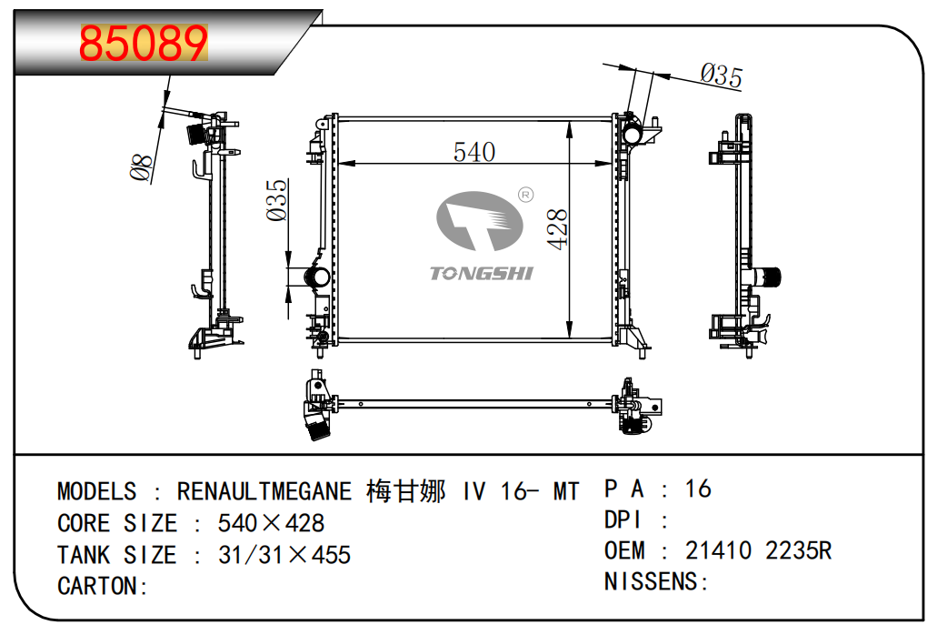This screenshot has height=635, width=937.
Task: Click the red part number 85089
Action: (144, 42)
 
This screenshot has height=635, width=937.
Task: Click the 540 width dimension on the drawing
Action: (474, 151)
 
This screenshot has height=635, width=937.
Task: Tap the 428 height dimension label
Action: (557, 229)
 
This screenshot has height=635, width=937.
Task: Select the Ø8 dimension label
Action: (141, 168)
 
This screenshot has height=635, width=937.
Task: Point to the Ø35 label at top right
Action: (722, 76)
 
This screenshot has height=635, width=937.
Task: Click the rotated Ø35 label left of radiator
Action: (277, 199)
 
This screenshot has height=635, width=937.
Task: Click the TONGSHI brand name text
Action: (481, 273)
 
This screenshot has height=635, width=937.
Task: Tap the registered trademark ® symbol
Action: (524, 194)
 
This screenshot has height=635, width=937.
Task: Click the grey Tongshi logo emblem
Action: (479, 221)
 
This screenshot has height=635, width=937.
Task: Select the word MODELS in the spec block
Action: (96, 492)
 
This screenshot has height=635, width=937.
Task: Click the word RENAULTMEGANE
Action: (264, 492)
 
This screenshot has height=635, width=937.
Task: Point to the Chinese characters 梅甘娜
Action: (405, 492)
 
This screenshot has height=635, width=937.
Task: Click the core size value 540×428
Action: (271, 523)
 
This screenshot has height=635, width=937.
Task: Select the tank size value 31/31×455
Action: (284, 555)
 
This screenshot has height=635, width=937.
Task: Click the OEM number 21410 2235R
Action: (758, 550)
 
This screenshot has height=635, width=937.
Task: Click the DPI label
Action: (623, 520)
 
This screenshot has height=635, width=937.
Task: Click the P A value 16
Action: (698, 489)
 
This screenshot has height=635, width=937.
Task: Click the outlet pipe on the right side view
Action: (771, 276)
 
